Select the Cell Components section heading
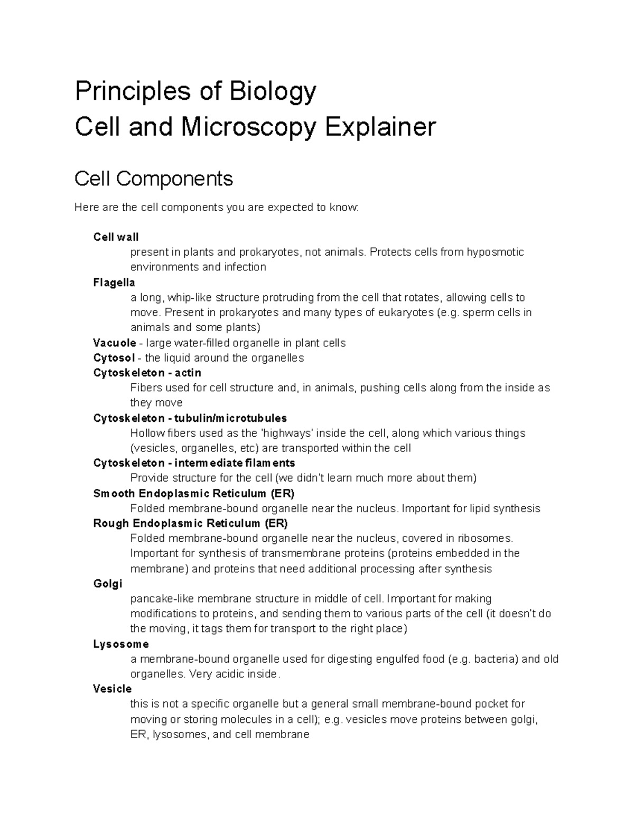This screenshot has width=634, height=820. click(154, 179)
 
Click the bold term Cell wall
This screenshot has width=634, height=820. click(116, 237)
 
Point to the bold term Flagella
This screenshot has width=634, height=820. click(114, 282)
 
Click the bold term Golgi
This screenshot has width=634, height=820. click(108, 583)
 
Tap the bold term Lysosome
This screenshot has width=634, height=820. click(120, 644)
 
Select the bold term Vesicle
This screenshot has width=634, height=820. click(112, 689)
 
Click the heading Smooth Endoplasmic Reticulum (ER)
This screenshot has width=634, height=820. click(193, 494)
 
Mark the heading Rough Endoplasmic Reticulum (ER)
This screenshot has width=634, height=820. click(190, 524)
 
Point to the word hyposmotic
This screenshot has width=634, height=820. click(495, 252)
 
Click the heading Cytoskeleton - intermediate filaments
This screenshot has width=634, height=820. click(194, 463)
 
